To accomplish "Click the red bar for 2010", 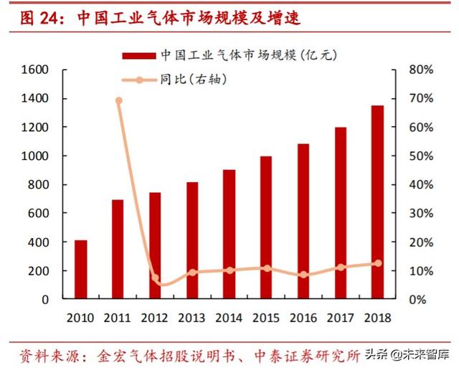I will pos(81,270).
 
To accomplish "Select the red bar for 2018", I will pos(377,202).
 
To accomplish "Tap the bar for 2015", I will pos(266,227).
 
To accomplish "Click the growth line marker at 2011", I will pos(118,100).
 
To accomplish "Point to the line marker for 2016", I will pos(303,275).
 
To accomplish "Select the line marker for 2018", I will pos(377,263).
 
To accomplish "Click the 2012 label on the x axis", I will pos(155,317).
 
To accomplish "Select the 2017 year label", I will pos(340,317).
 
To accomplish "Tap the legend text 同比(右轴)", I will pos(194,79).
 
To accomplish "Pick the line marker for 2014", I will pos(229,270).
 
